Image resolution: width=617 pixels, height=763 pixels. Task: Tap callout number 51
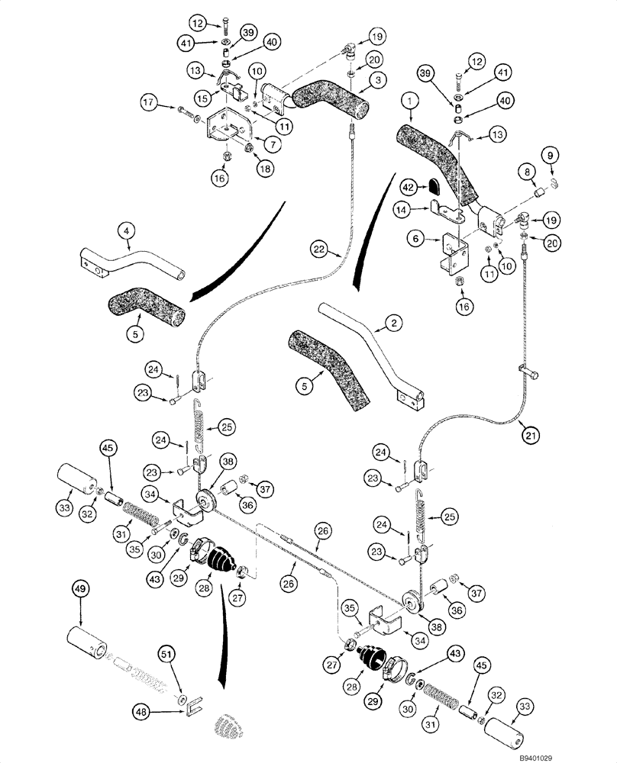166,654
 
